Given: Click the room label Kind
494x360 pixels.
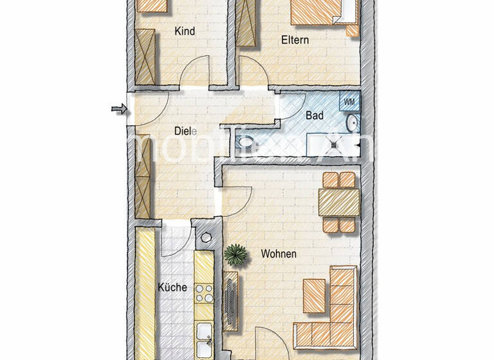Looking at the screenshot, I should [185, 31].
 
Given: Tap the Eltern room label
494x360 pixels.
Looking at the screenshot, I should [295, 40].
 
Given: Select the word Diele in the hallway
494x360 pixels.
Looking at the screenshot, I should [185, 131].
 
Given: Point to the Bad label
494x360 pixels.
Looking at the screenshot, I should [314, 116].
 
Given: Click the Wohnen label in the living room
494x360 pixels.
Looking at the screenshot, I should [279, 254].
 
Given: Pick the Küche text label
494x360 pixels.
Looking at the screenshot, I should [172, 287].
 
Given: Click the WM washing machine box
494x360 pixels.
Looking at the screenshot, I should [349, 102].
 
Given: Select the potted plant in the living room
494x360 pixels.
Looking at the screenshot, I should [236, 254].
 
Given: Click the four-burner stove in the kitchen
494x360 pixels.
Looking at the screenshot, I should [204, 293].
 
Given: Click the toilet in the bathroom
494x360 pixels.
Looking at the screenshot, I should [245, 142].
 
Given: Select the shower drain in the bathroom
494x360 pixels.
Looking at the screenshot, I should [334, 144].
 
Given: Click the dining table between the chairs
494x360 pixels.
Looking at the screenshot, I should [339, 202].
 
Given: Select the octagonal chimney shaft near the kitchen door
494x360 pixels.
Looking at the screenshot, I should [206, 237].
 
